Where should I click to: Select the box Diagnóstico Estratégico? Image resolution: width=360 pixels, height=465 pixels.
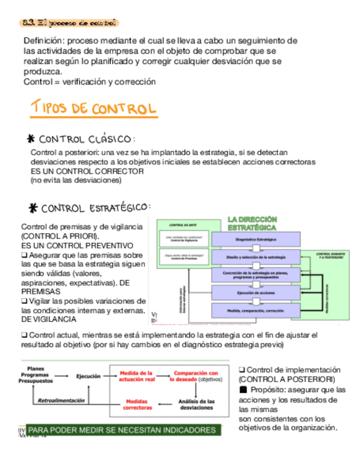(255, 240)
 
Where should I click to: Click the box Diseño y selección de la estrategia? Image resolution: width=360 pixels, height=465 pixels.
(255, 257)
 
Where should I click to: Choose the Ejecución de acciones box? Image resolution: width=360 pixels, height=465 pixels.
(255, 293)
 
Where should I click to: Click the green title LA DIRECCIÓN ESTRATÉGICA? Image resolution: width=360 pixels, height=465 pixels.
(252, 223)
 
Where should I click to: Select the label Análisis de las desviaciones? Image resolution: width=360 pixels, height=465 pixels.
(196, 405)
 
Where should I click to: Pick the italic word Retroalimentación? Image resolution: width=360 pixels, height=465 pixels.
(61, 400)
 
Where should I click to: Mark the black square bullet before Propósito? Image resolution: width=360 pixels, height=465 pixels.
(244, 390)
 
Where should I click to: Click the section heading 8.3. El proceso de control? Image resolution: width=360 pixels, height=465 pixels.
(68, 23)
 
